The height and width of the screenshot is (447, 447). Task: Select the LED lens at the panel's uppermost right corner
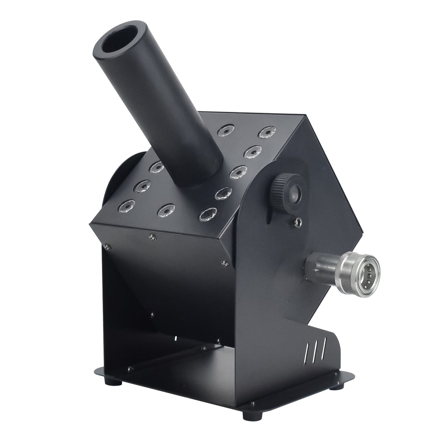coord(267,132)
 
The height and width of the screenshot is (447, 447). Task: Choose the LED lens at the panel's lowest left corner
coord(126,206)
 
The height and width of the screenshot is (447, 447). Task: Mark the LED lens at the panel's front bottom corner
coord(208,215)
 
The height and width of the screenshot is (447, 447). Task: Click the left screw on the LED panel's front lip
coord(107,246)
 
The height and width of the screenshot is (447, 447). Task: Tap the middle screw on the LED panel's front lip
coord(152,237)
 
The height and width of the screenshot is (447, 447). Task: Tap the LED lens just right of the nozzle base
coord(238,172)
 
